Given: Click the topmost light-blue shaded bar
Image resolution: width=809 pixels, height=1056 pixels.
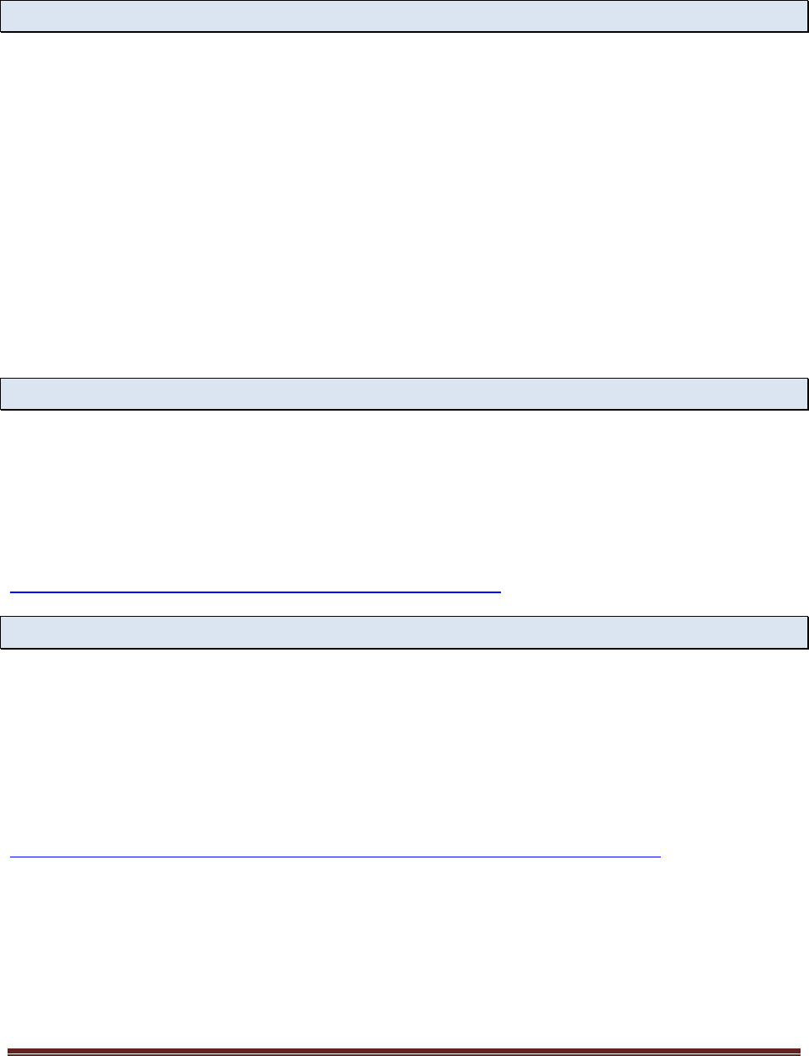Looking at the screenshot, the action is [404, 16].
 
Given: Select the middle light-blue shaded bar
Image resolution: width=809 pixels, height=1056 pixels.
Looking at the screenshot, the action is [404, 394].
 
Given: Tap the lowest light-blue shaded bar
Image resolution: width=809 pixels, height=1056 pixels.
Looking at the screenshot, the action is [404, 632].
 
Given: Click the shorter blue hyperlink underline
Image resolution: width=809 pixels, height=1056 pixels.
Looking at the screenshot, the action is [255, 592].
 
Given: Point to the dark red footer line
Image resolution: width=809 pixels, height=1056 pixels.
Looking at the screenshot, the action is [404, 1050].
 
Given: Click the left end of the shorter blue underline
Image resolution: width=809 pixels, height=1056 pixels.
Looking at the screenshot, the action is [11, 592].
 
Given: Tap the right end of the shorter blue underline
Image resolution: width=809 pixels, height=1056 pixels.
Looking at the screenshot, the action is [500, 592].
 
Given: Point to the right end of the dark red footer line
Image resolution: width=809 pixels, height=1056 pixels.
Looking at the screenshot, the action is [800, 1050].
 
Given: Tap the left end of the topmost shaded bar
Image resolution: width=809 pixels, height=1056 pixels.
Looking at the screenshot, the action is [3, 16].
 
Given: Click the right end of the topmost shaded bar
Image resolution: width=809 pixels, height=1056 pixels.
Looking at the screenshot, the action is [806, 16].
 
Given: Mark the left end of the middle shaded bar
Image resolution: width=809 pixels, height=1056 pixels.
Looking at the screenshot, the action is [3, 394].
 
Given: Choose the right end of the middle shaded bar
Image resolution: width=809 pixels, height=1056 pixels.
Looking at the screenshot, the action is [806, 394].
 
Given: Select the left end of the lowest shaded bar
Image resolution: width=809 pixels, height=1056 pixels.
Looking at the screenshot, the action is [3, 632].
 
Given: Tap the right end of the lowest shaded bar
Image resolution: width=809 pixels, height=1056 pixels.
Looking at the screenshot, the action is [806, 632].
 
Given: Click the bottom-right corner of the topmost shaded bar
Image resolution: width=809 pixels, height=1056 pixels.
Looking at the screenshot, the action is [806, 31].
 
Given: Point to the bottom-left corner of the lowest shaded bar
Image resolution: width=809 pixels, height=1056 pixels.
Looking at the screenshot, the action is [2, 648].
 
